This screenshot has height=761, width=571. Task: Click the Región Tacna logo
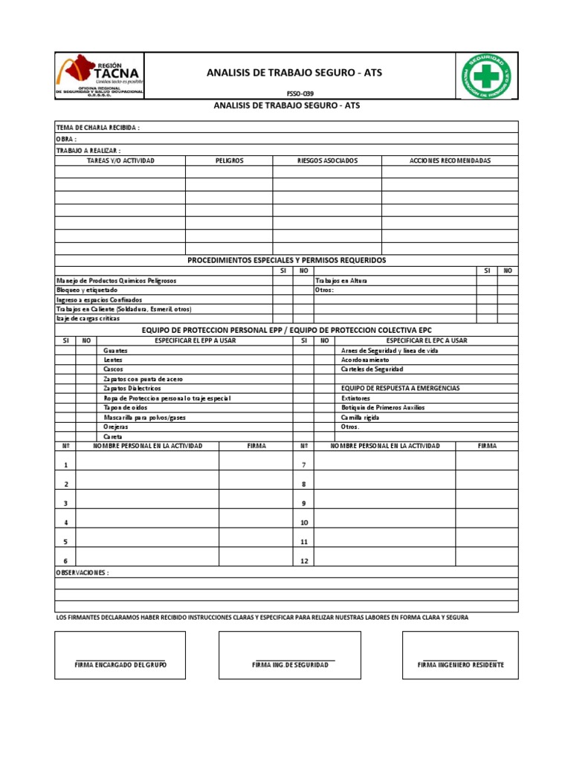(x=99, y=76)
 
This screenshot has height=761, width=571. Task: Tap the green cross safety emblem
(x=487, y=76)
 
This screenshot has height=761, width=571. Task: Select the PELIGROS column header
(x=229, y=161)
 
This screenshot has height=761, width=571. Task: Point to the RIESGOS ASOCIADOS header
(x=327, y=161)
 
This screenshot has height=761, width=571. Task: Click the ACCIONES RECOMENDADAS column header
(x=450, y=161)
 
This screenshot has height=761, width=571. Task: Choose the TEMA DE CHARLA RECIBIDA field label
(x=98, y=128)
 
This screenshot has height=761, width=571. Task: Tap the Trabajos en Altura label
(x=341, y=281)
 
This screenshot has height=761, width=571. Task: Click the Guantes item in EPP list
(x=115, y=350)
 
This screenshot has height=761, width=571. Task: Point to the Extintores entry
(x=355, y=398)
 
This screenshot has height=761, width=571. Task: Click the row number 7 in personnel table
(x=303, y=465)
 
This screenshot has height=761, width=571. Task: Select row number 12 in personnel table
(x=303, y=561)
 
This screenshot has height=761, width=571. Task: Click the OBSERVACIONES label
(x=83, y=573)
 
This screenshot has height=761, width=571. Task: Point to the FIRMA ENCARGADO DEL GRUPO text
(x=120, y=664)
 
